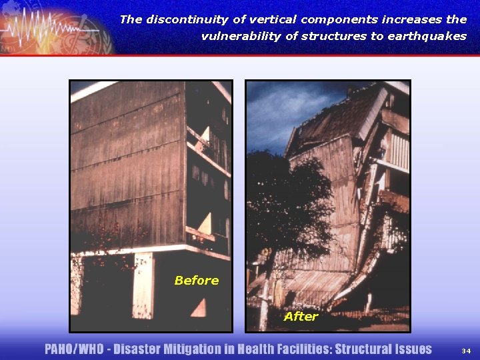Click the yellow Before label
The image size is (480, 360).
[x=196, y=281]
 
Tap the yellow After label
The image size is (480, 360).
[x=301, y=317]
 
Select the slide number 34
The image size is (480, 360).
[x=465, y=351]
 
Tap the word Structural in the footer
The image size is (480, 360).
[x=359, y=349]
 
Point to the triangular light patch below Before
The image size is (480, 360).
[x=199, y=307]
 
